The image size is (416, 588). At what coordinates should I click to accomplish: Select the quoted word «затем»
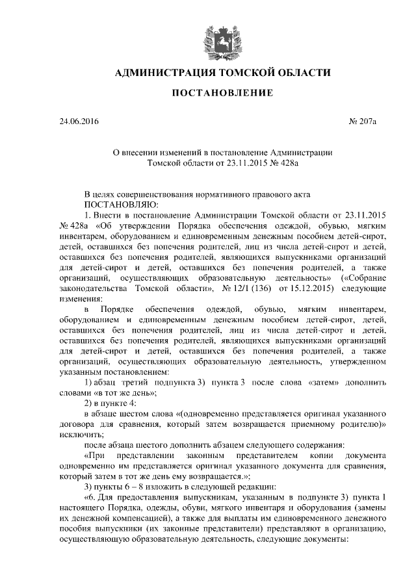click(325, 383)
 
